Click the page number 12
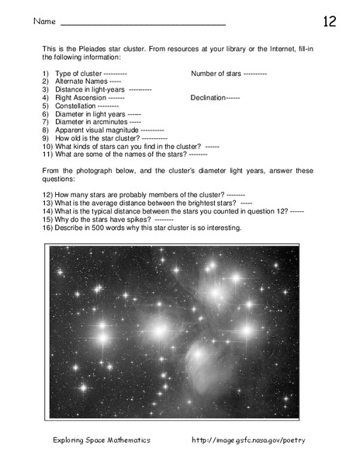click(x=330, y=21)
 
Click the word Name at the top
click(x=44, y=22)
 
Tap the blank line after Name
click(x=143, y=24)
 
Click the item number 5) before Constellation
click(x=47, y=106)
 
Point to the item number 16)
click(x=47, y=228)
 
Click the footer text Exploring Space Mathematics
click(x=102, y=440)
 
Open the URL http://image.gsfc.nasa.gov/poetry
click(x=248, y=440)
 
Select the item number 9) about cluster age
click(x=47, y=138)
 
